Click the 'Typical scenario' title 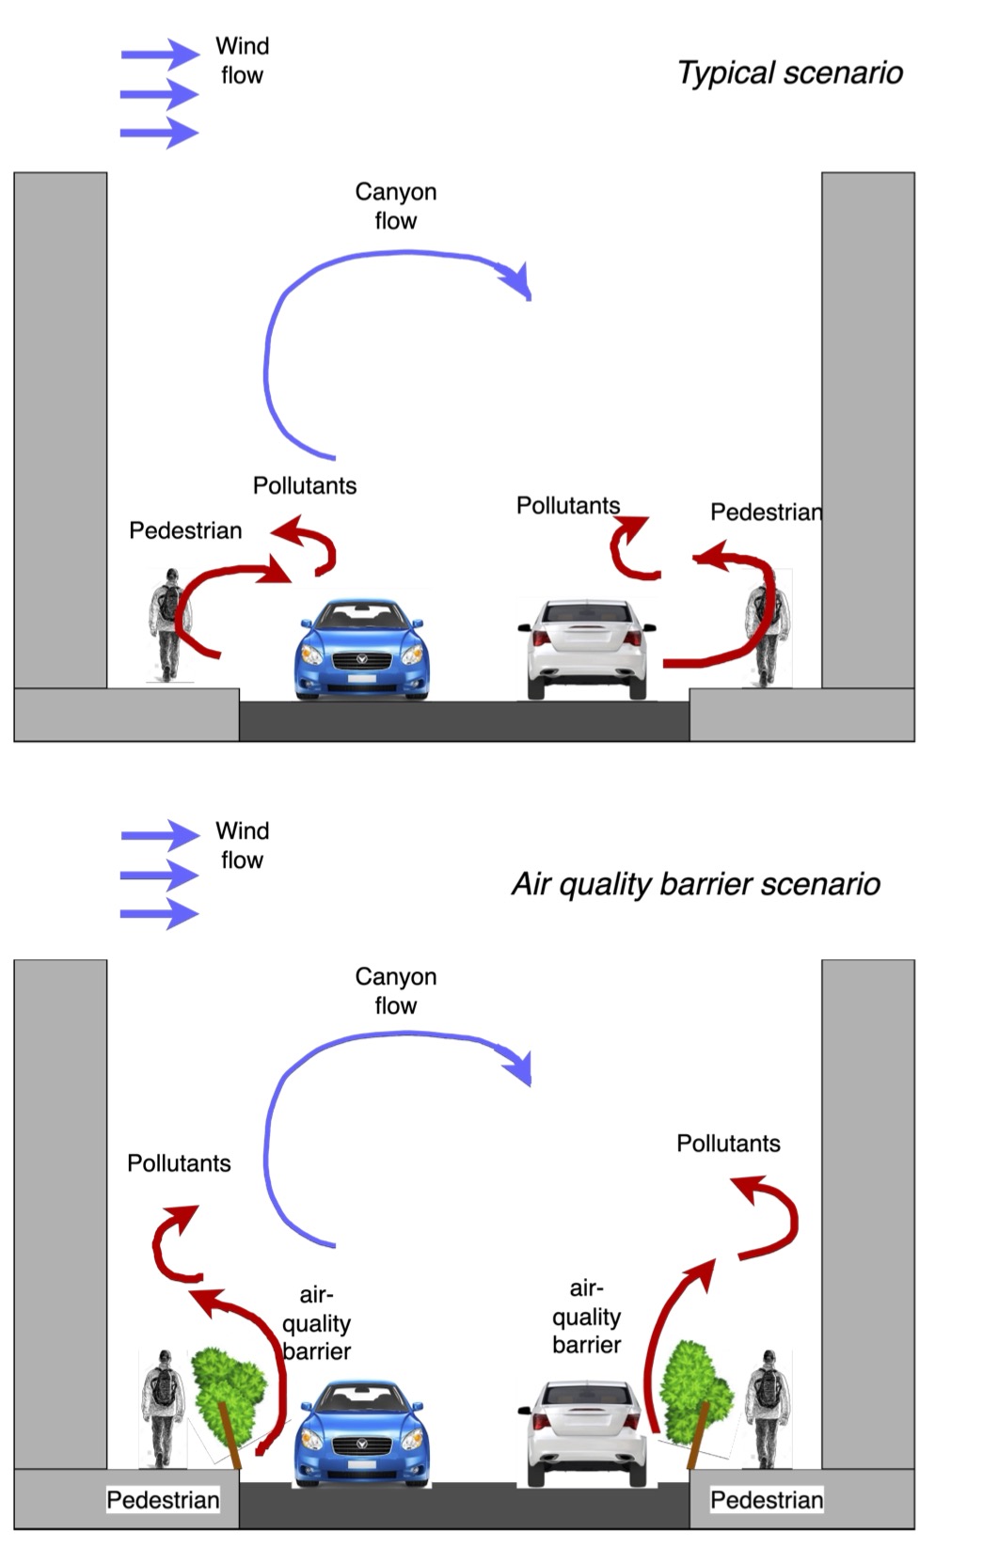pyautogui.click(x=789, y=73)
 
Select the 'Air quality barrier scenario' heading pyautogui.click(x=695, y=884)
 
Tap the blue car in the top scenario pyautogui.click(x=362, y=649)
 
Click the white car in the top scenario pyautogui.click(x=586, y=649)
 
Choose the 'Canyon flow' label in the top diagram pyautogui.click(x=395, y=206)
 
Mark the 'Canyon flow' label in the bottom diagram pyautogui.click(x=395, y=990)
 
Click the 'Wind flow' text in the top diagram pyautogui.click(x=242, y=60)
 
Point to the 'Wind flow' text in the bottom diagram pyautogui.click(x=242, y=845)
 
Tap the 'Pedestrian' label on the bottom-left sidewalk pyautogui.click(x=163, y=1499)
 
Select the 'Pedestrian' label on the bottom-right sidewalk pyautogui.click(x=766, y=1499)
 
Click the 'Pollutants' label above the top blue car pyautogui.click(x=305, y=485)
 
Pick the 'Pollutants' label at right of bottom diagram pyautogui.click(x=728, y=1143)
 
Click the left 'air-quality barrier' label pyautogui.click(x=316, y=1323)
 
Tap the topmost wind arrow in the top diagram pyautogui.click(x=159, y=55)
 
